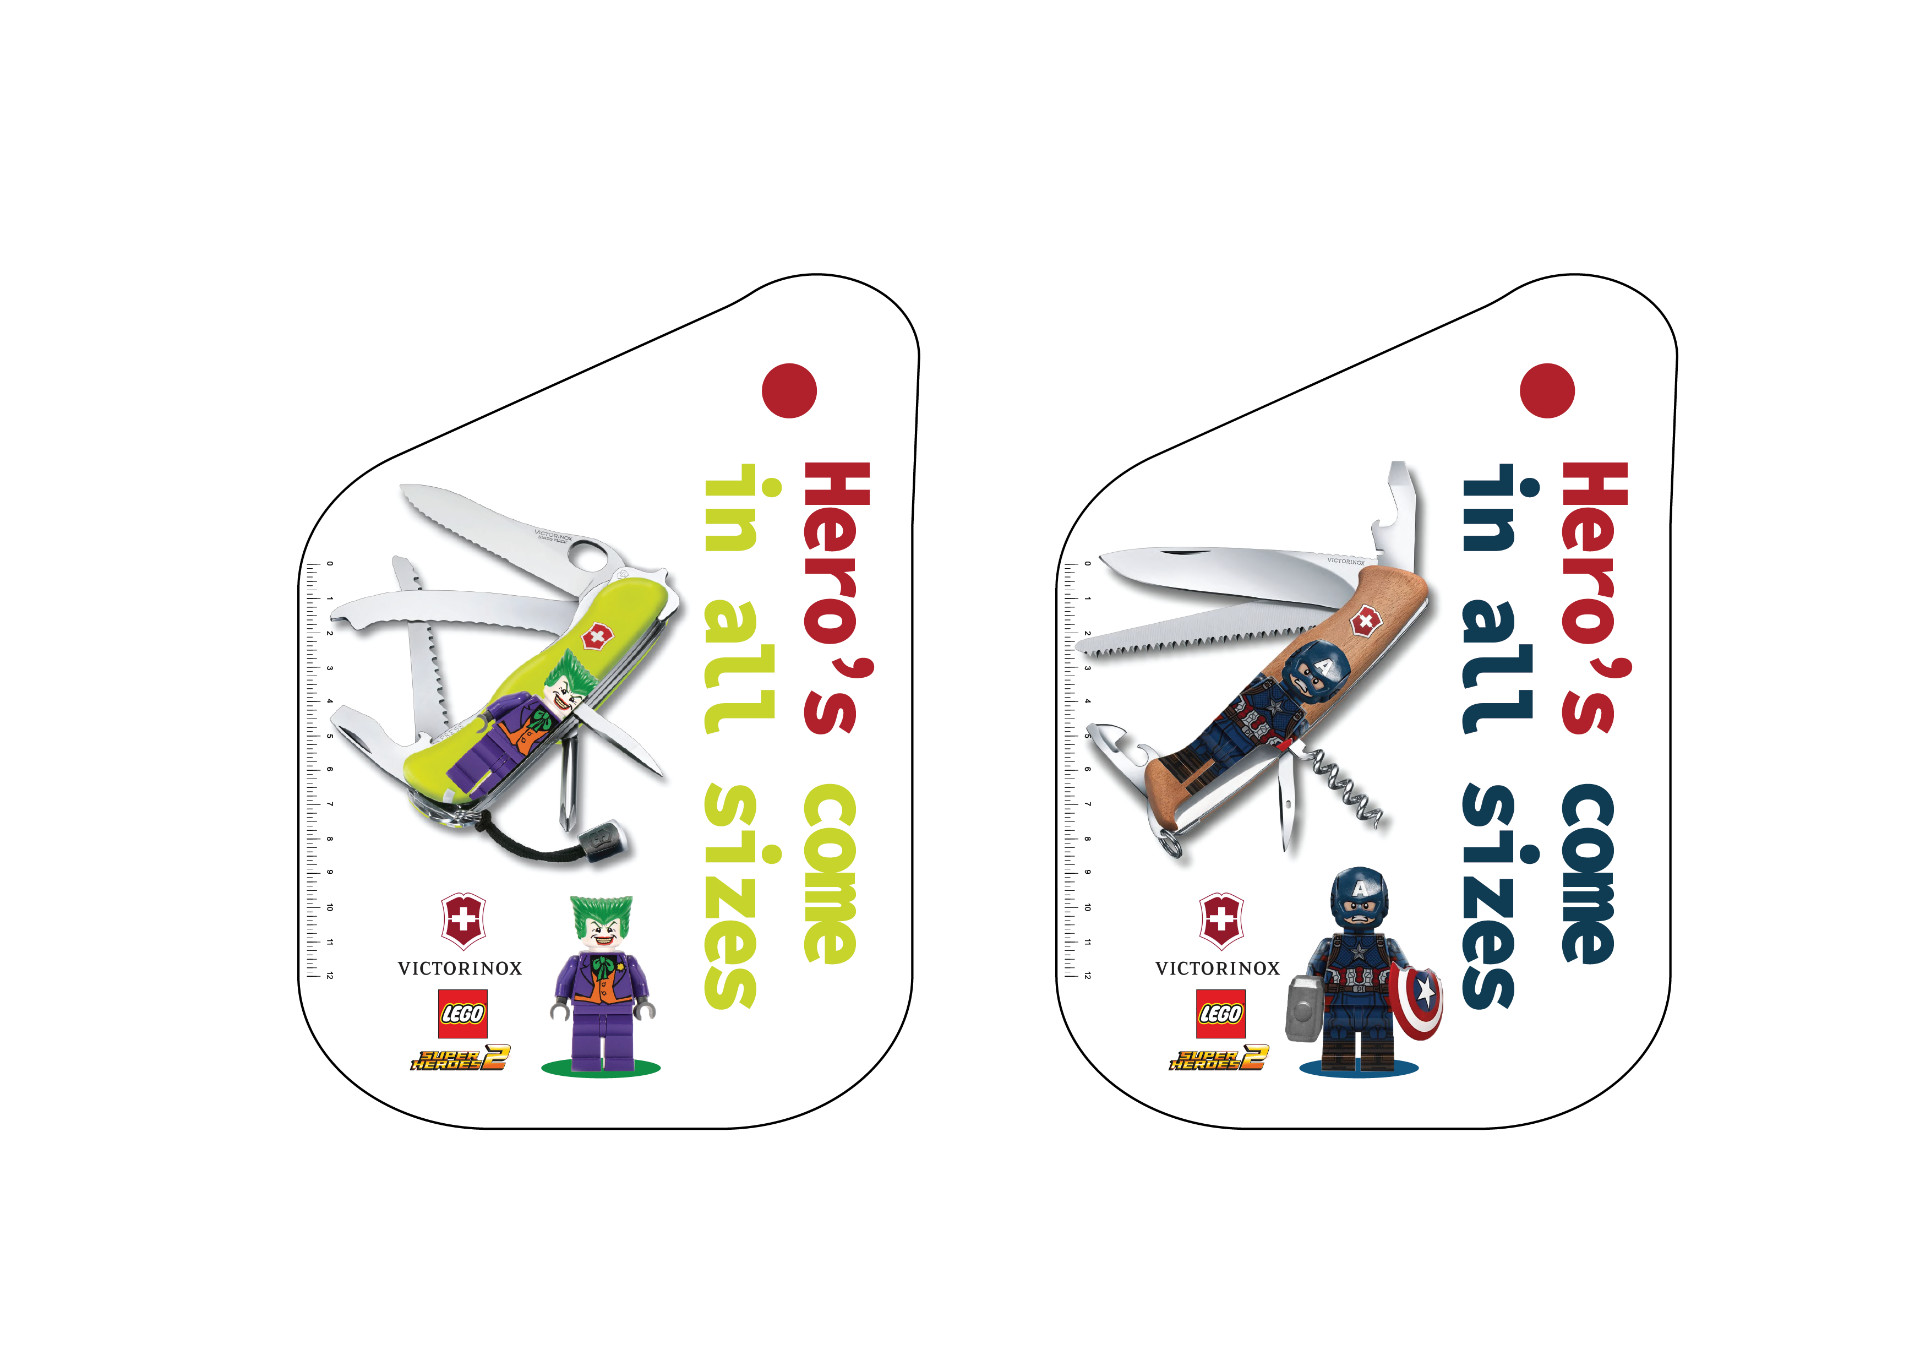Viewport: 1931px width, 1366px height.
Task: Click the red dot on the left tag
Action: pos(789,390)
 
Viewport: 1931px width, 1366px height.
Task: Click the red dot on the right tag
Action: pos(1547,390)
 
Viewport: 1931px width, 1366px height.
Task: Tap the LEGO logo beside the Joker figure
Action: pos(462,1014)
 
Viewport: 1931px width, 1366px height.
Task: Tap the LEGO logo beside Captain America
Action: pos(1220,1014)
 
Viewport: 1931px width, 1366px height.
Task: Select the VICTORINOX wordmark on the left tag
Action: pos(460,968)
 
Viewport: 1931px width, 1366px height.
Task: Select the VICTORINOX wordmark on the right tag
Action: pos(1218,968)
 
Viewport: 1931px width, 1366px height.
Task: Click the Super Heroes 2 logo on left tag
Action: pos(460,1058)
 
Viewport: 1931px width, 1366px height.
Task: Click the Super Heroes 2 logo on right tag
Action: pos(1218,1058)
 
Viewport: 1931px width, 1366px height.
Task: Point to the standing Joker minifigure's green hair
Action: pos(601,913)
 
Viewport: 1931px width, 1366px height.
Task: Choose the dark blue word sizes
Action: pos(1490,896)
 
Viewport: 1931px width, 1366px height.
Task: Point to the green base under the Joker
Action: pos(601,1068)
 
